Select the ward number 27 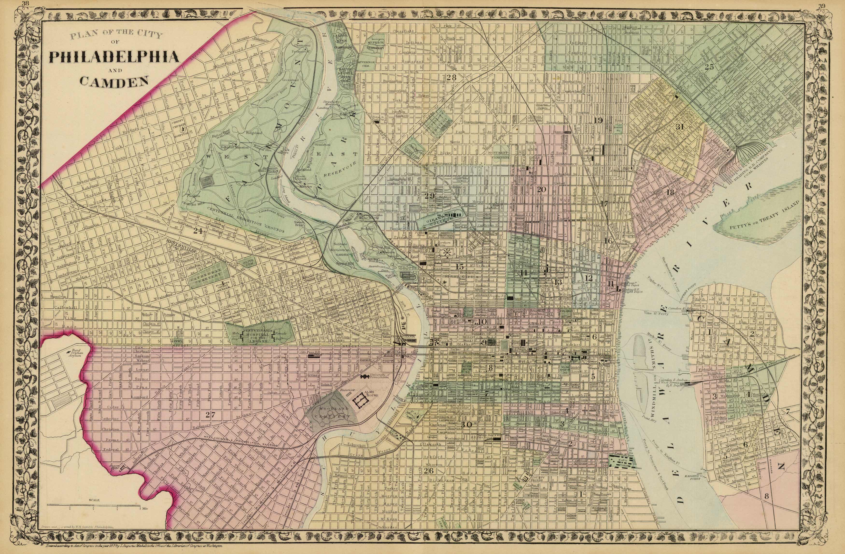tap(210, 414)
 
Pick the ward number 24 tap(197, 231)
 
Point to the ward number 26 tap(429, 471)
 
